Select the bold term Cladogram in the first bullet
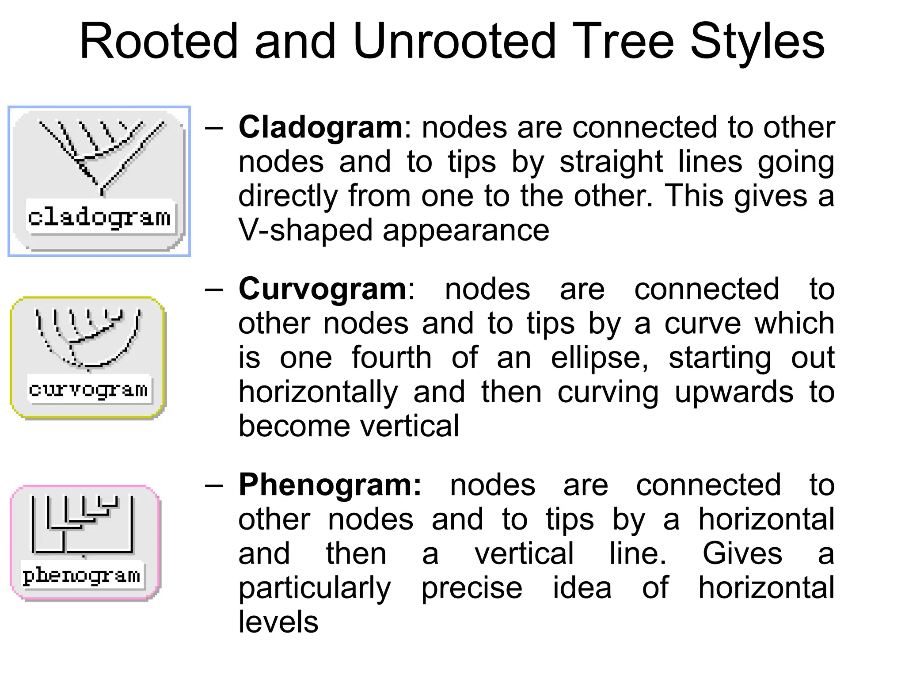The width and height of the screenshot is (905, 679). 320,127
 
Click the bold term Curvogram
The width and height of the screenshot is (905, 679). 322,289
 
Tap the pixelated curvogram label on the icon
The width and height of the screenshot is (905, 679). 88,389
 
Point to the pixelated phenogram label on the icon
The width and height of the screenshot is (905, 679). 82,576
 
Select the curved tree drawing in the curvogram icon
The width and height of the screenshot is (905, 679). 88,338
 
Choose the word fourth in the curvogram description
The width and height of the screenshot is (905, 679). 392,358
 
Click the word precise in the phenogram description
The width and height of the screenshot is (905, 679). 472,588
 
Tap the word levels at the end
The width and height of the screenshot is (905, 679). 278,622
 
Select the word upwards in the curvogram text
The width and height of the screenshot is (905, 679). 734,392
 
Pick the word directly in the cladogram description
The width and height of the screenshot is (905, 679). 288,196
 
